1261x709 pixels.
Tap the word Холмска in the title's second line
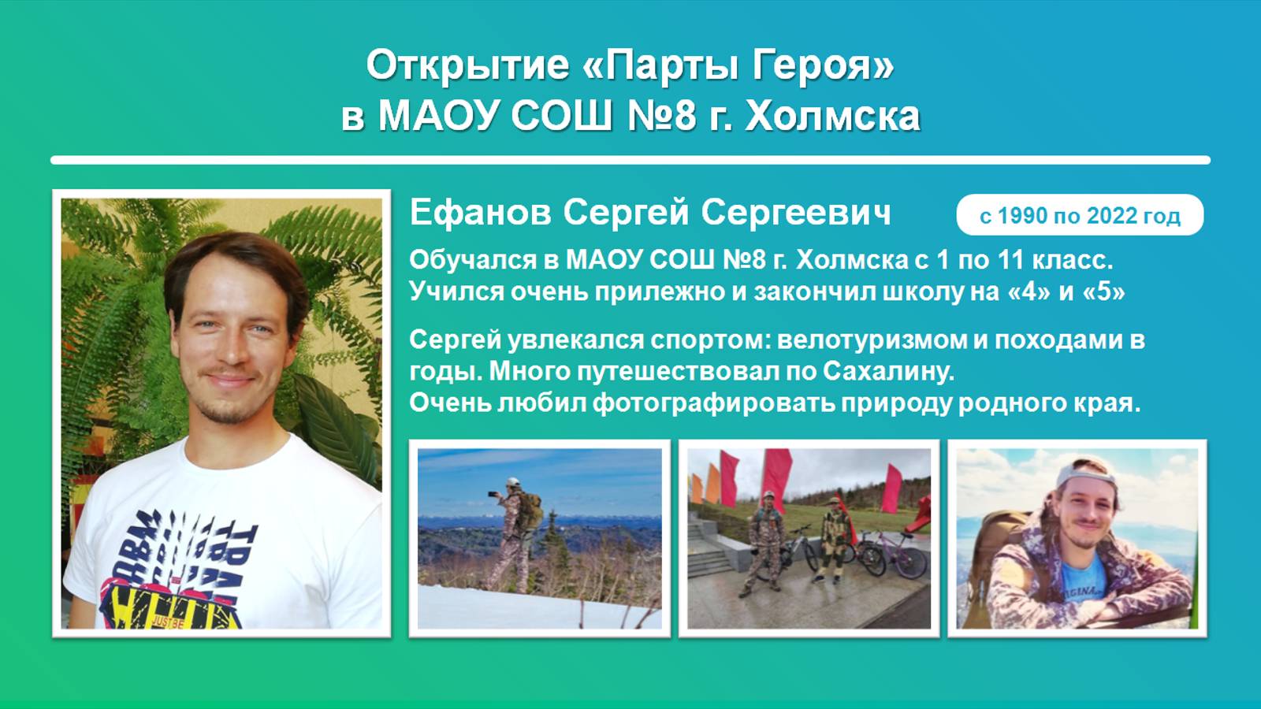[832, 116]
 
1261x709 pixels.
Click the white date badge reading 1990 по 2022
[1080, 215]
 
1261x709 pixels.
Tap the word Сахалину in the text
[888, 371]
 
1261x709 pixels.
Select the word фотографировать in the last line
[713, 403]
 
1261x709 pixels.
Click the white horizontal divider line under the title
[630, 160]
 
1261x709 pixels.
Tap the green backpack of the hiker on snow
[531, 510]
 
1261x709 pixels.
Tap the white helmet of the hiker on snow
[513, 481]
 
